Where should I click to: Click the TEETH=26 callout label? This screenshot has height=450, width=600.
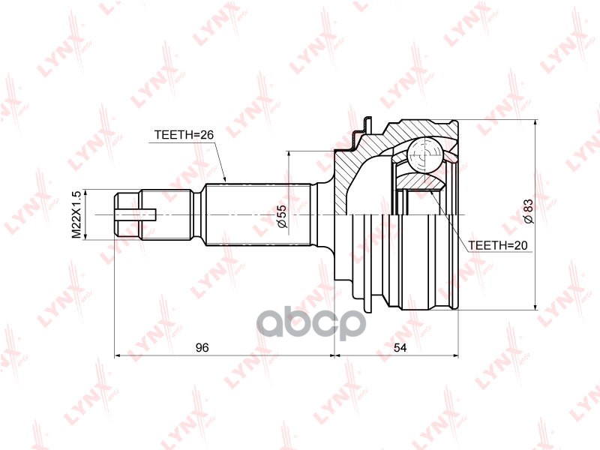184,135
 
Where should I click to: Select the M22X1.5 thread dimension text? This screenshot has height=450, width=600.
76,214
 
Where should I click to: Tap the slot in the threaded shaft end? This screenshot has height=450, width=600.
139,215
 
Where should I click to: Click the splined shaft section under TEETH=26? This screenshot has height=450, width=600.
256,215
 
